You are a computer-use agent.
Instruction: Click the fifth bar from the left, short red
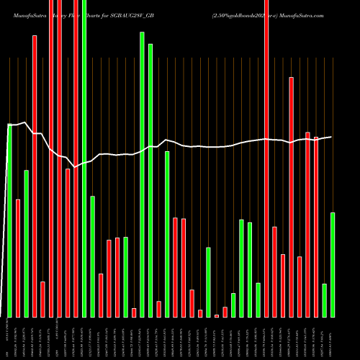[42, 299]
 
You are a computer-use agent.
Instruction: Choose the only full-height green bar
[84, 158]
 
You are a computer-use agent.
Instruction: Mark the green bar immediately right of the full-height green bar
[93, 256]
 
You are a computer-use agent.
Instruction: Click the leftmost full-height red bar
[51, 158]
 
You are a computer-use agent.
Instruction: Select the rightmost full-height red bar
[266, 158]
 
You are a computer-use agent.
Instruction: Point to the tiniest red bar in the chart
[217, 315]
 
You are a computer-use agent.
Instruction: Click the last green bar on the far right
[333, 264]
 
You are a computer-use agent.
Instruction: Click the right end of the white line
[331, 137]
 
